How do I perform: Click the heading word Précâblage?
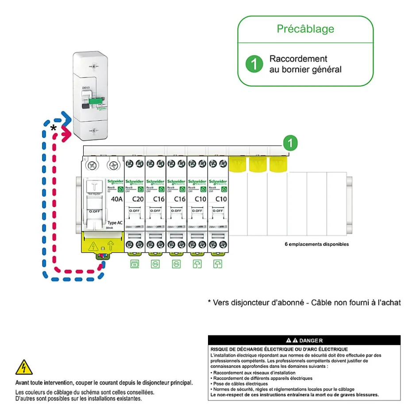point(305,29)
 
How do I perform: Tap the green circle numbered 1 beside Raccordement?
point(254,64)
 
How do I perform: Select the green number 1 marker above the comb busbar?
point(290,143)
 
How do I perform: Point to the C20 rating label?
point(138,199)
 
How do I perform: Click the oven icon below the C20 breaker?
point(134,264)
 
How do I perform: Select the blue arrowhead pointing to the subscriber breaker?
point(67,119)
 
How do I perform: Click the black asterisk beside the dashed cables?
point(54,129)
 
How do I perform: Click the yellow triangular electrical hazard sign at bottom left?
point(23,367)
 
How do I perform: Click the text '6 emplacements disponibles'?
point(316,244)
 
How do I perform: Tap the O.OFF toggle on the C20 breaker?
point(135,211)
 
